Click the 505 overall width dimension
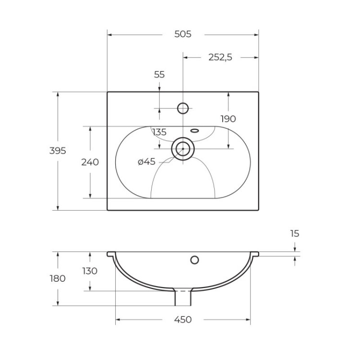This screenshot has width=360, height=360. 182,34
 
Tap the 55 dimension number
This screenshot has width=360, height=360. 159,74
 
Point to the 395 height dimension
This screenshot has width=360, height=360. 58,150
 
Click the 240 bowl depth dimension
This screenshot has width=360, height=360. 90,162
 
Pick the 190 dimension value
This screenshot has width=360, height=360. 228,119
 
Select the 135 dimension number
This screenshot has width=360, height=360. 159,132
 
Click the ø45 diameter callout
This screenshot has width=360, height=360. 146,162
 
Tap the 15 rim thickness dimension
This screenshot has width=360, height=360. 295,234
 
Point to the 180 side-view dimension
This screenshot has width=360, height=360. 58,278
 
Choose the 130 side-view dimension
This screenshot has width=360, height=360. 90,271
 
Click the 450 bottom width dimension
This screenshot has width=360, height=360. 182,320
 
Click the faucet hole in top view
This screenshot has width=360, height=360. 183,108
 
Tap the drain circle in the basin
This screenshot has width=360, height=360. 182,148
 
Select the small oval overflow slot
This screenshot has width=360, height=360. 195,130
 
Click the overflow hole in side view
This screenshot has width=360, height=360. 194,260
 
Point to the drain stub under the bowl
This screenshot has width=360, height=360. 182,298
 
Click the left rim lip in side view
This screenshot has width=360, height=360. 111,253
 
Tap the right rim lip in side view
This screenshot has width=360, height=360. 255,253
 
